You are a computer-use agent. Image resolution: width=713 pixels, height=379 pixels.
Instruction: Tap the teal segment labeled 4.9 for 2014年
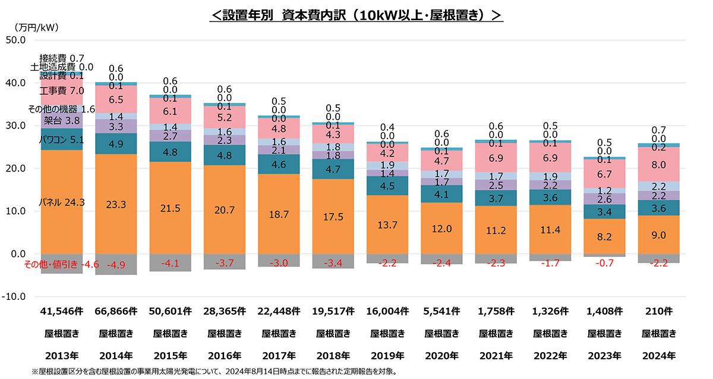click(116, 144)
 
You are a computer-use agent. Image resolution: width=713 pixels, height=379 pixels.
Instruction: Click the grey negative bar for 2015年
click(171, 262)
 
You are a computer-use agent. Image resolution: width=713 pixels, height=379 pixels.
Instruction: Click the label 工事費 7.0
click(62, 91)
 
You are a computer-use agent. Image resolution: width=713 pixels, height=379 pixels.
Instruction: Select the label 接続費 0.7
click(62, 58)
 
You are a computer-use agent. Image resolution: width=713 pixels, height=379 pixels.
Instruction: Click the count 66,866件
click(116, 311)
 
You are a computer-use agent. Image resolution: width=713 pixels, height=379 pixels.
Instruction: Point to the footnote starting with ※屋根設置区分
click(214, 371)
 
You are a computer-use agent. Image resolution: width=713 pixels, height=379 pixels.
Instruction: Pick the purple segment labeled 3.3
click(116, 126)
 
